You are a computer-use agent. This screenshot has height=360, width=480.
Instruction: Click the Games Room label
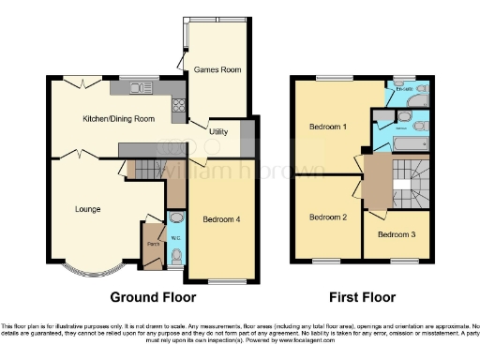[213, 70]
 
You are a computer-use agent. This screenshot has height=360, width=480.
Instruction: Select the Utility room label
[218, 132]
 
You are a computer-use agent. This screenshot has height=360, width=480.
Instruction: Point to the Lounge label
[88, 209]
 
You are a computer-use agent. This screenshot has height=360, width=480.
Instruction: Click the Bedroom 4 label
[221, 219]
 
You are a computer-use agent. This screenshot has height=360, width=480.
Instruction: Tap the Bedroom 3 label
[397, 233]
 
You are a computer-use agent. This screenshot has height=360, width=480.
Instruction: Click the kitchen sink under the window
[142, 88]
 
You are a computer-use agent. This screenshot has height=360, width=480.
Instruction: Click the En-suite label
[406, 90]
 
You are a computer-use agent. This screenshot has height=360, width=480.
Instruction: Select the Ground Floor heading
[153, 298]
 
